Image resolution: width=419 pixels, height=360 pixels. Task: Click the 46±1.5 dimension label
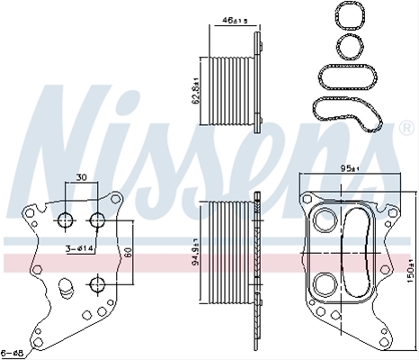coord(235,21)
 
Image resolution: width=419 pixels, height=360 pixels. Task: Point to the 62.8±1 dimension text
coord(195,91)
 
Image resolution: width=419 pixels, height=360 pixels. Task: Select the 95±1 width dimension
coord(350,168)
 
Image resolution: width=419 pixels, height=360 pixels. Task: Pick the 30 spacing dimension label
coord(81,177)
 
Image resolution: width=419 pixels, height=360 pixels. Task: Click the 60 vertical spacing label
coord(129,252)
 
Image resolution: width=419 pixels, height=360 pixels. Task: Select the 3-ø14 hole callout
coord(80,248)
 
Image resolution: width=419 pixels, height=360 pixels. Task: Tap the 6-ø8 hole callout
coord(13,353)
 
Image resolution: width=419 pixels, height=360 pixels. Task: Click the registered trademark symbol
coord(407,128)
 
